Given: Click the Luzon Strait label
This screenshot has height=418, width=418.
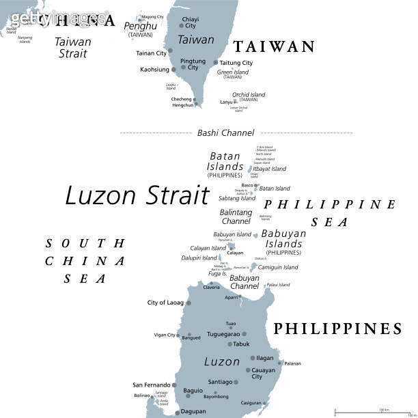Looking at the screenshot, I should (x=137, y=196).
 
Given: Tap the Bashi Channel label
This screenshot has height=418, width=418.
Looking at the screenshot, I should (x=225, y=133).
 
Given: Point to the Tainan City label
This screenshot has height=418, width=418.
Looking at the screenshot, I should (x=151, y=53).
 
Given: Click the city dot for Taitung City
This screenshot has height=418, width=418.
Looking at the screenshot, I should (x=216, y=62).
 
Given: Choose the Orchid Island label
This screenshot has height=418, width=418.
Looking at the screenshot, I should (x=249, y=95).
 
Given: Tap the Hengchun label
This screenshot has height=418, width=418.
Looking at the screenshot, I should (x=182, y=105).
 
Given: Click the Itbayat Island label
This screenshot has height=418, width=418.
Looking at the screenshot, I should (x=269, y=169).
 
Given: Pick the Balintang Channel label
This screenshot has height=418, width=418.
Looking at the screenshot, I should (x=236, y=217).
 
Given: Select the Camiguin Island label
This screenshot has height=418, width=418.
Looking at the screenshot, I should (x=278, y=267).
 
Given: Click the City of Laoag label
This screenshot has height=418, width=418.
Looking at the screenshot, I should (x=165, y=303).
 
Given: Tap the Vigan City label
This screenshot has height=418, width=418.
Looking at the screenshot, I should (x=165, y=335).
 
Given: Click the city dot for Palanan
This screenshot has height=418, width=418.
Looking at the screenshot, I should (x=280, y=363).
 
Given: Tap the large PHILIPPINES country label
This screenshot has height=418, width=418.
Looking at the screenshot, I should (x=337, y=329).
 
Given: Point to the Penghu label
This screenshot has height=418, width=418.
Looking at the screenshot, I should (x=140, y=26).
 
